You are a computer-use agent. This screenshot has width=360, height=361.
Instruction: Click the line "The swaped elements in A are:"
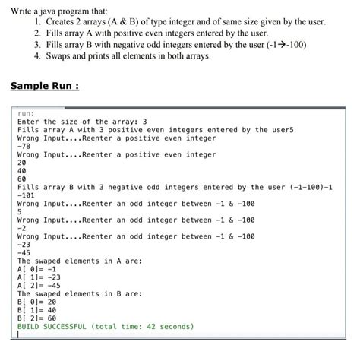click(79, 261)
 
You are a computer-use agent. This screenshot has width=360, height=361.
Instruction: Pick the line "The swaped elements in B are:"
click(79, 293)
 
